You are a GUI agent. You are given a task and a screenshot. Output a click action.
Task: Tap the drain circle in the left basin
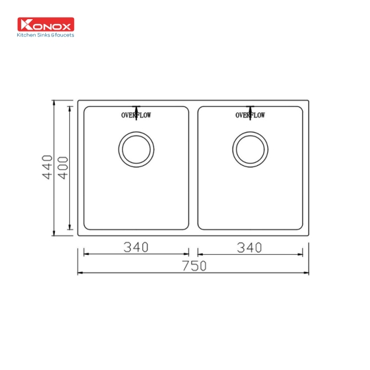(135, 149)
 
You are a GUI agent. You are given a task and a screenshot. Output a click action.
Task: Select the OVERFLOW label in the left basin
(136, 116)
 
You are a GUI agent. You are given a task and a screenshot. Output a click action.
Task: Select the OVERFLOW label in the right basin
(250, 116)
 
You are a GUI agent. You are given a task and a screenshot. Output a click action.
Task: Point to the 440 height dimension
(47, 167)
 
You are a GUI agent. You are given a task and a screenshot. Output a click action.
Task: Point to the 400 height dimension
(63, 167)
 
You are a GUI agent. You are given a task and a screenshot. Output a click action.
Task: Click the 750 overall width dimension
(194, 266)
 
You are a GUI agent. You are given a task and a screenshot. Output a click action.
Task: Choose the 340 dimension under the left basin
(136, 247)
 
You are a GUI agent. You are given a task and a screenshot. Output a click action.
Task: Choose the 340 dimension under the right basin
(249, 247)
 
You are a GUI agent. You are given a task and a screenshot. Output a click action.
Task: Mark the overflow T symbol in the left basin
(136, 109)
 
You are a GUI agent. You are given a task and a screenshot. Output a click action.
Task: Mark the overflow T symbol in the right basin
(251, 109)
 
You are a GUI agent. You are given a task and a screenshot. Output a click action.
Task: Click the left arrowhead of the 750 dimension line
(79, 273)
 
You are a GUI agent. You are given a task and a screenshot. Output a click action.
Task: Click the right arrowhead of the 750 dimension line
(308, 273)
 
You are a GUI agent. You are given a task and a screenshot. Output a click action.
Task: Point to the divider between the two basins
(193, 167)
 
